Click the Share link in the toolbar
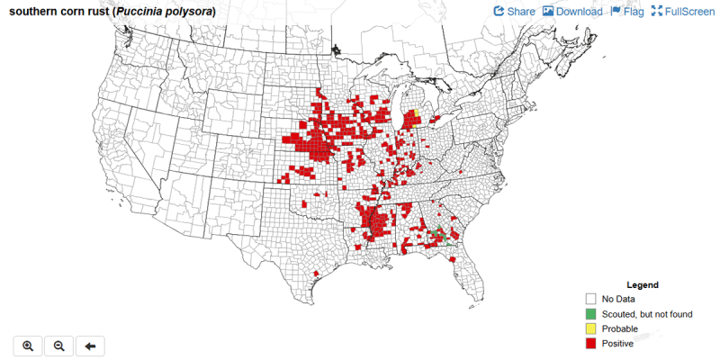[x=520, y=12]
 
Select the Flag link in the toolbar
[x=633, y=12]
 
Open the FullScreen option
[x=688, y=12]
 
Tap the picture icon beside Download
[x=547, y=12]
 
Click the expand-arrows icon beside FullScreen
[x=656, y=12]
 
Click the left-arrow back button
[x=90, y=346]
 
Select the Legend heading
[x=643, y=284]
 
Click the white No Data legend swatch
[x=590, y=299]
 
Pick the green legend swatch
[x=590, y=313]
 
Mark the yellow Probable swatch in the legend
[x=590, y=328]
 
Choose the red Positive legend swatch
[x=590, y=343]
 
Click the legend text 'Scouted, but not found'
[x=647, y=313]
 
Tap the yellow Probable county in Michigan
[x=417, y=113]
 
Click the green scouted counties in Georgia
[x=439, y=236]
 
